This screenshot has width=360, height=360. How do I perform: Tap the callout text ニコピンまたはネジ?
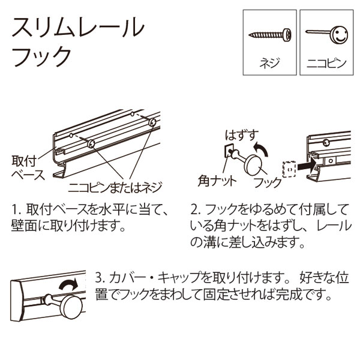116,185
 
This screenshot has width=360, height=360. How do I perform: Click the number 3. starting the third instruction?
100,279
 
